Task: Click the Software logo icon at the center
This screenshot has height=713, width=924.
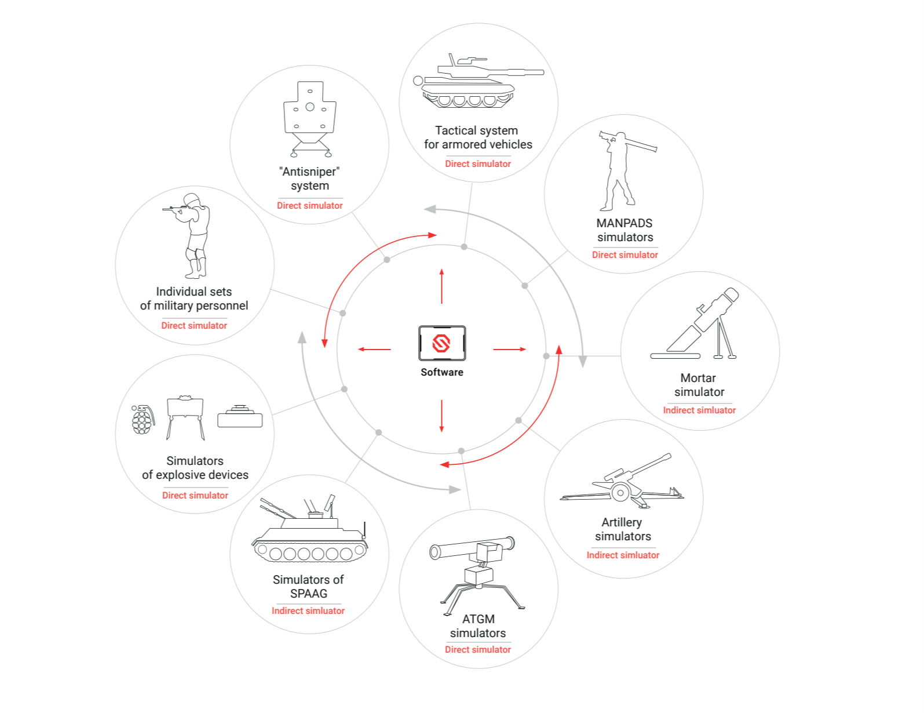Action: (442, 343)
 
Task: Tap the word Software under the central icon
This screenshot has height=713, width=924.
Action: (442, 372)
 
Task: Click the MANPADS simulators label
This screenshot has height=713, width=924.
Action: (624, 230)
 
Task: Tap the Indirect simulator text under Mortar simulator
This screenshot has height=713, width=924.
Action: (699, 410)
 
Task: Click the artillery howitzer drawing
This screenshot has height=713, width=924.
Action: (623, 485)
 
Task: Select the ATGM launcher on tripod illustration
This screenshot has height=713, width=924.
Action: (477, 574)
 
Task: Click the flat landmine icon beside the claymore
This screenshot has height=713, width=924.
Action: (240, 417)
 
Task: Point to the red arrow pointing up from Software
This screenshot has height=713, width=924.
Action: (441, 286)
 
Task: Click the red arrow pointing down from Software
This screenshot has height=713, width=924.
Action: (441, 416)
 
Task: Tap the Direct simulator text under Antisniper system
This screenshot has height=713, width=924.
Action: (310, 206)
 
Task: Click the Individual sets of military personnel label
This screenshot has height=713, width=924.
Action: (194, 299)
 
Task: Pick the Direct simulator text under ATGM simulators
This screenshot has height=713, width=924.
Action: (478, 650)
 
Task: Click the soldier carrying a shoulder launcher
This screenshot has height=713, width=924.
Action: (620, 171)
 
